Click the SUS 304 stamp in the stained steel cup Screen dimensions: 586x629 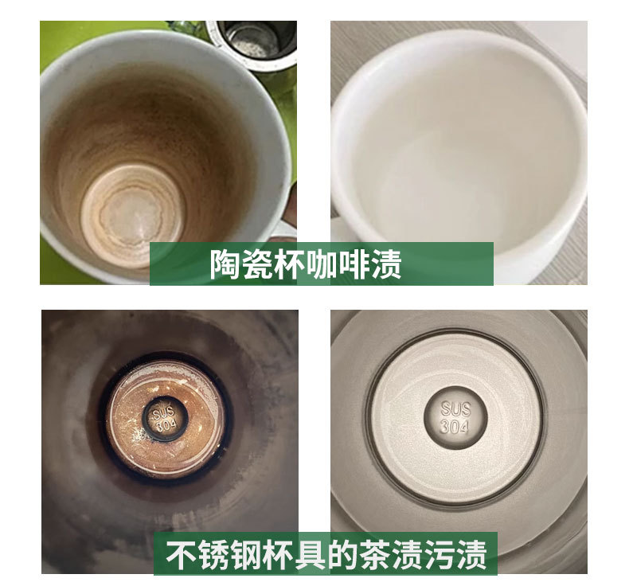165,418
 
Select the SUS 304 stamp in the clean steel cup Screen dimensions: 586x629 456,417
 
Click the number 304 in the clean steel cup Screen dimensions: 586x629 456,426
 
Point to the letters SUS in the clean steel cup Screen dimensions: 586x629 456,408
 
